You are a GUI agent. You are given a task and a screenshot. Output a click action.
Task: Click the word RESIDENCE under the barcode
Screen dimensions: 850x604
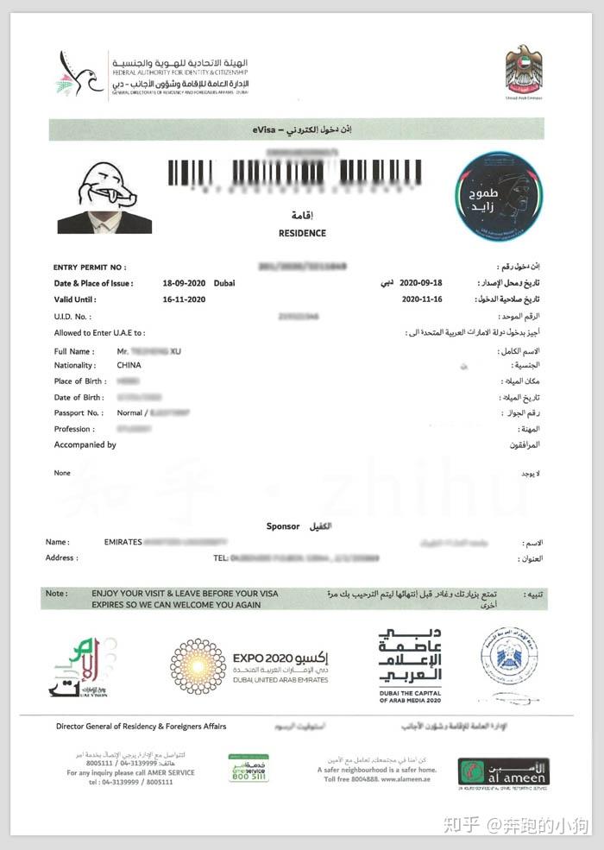(x=302, y=233)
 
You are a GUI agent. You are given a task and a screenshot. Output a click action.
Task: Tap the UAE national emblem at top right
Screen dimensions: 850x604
(x=524, y=70)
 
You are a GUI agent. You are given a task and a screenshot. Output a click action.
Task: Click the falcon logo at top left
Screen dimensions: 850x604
(x=79, y=74)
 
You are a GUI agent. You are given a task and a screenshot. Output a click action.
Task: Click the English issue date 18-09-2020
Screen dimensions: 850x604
(x=185, y=283)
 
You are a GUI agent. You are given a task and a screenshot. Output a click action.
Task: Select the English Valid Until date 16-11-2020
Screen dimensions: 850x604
(x=185, y=299)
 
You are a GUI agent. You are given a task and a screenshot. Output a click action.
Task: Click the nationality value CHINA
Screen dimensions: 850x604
(x=129, y=365)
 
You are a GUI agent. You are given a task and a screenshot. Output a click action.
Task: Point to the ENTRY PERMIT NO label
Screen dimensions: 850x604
(x=90, y=268)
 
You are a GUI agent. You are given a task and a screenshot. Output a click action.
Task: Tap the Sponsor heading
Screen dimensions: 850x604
(x=283, y=526)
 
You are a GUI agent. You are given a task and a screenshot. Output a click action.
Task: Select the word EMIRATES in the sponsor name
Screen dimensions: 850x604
(x=123, y=542)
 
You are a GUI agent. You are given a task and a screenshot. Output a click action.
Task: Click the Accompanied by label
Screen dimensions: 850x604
(x=85, y=445)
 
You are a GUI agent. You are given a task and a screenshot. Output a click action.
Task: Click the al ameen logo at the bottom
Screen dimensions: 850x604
(x=503, y=774)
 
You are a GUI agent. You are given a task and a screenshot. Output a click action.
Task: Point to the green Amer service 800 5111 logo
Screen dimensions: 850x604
(x=248, y=768)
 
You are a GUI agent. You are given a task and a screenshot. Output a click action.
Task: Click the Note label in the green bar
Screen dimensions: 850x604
(x=56, y=594)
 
